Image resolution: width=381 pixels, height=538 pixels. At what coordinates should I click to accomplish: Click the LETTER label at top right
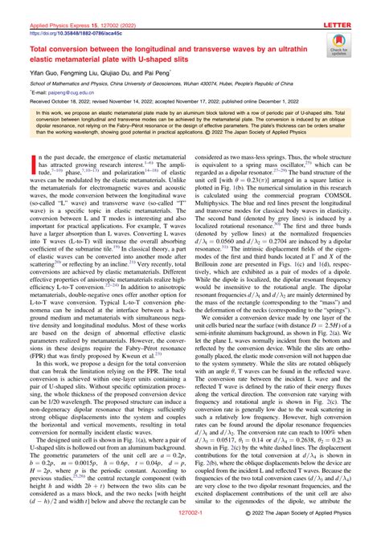(358, 6)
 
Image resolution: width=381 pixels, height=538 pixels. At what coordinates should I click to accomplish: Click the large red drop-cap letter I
(14, 145)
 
